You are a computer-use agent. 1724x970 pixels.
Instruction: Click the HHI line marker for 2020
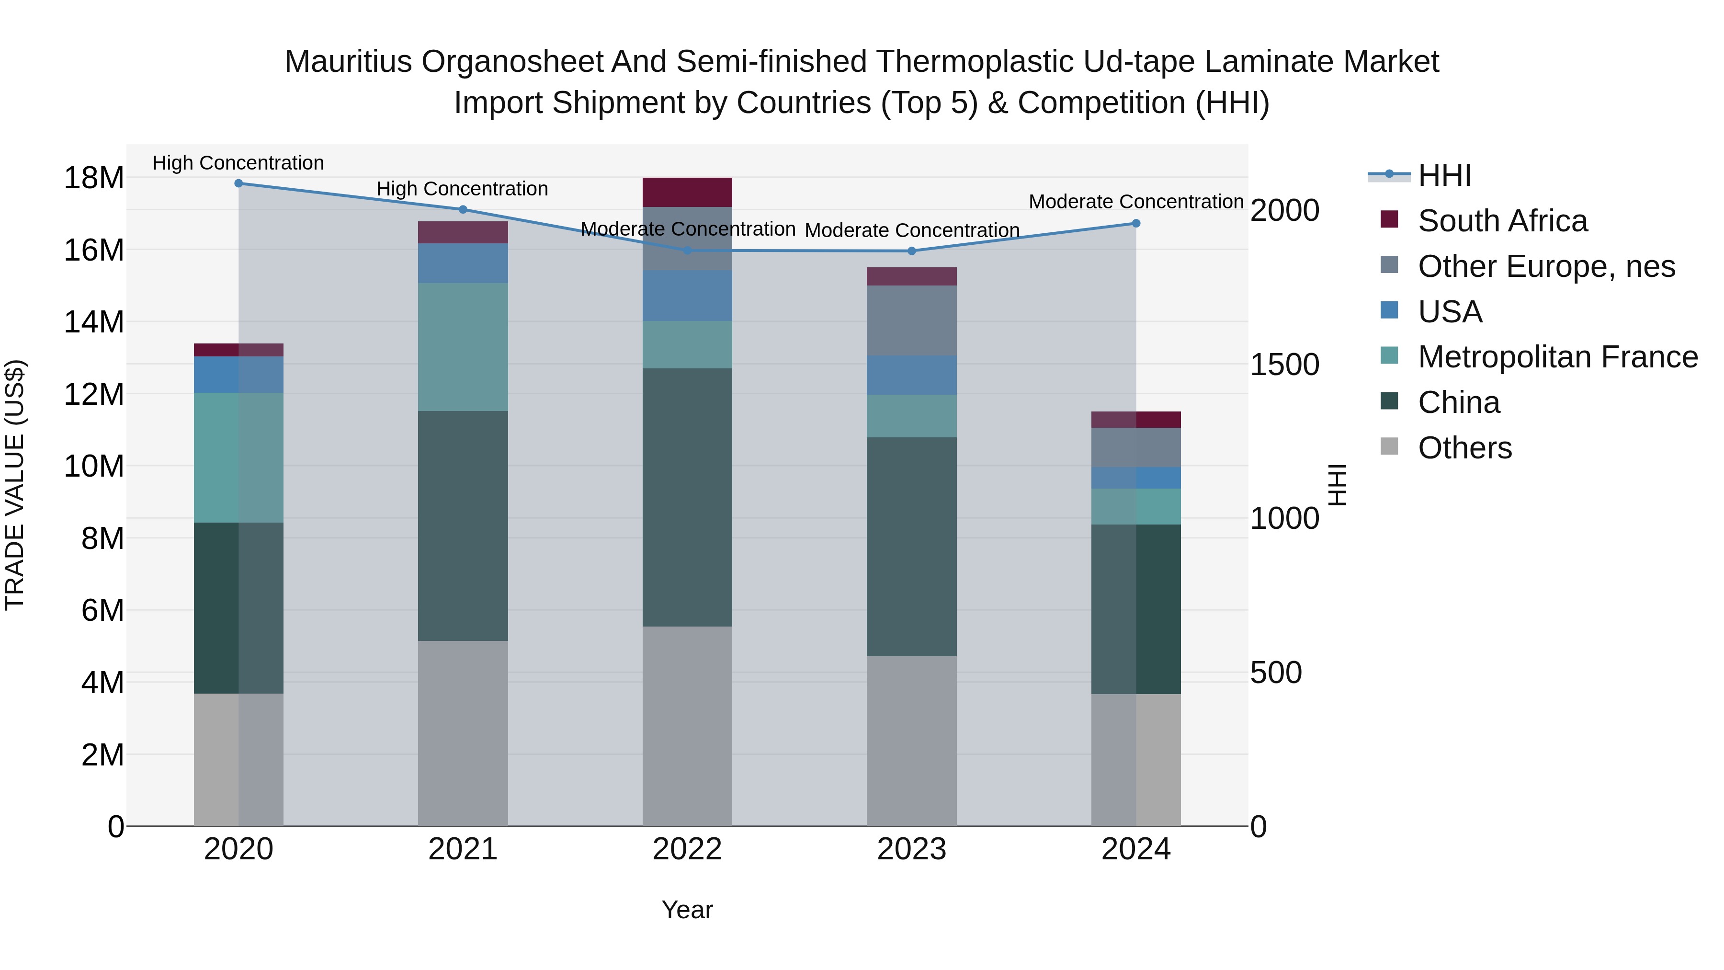point(238,183)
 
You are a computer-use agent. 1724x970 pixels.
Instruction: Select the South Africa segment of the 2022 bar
point(687,192)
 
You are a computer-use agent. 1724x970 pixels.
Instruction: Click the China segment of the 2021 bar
point(463,525)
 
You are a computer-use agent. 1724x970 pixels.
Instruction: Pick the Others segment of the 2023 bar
point(911,741)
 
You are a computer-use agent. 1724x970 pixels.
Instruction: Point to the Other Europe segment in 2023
point(911,320)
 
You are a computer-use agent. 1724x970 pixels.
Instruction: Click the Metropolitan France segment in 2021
point(463,346)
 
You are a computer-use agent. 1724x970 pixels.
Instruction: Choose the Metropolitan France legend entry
point(1557,357)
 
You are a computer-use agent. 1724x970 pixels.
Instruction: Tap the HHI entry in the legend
point(1444,175)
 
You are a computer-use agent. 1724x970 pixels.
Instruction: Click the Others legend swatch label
point(1464,448)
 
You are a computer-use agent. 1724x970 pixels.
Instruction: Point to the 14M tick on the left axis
point(94,322)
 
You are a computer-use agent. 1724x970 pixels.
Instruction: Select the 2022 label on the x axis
point(687,849)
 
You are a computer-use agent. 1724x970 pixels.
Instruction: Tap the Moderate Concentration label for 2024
point(1136,202)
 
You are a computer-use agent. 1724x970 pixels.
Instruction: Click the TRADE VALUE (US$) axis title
point(15,485)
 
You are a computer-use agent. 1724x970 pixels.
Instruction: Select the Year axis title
point(687,910)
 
